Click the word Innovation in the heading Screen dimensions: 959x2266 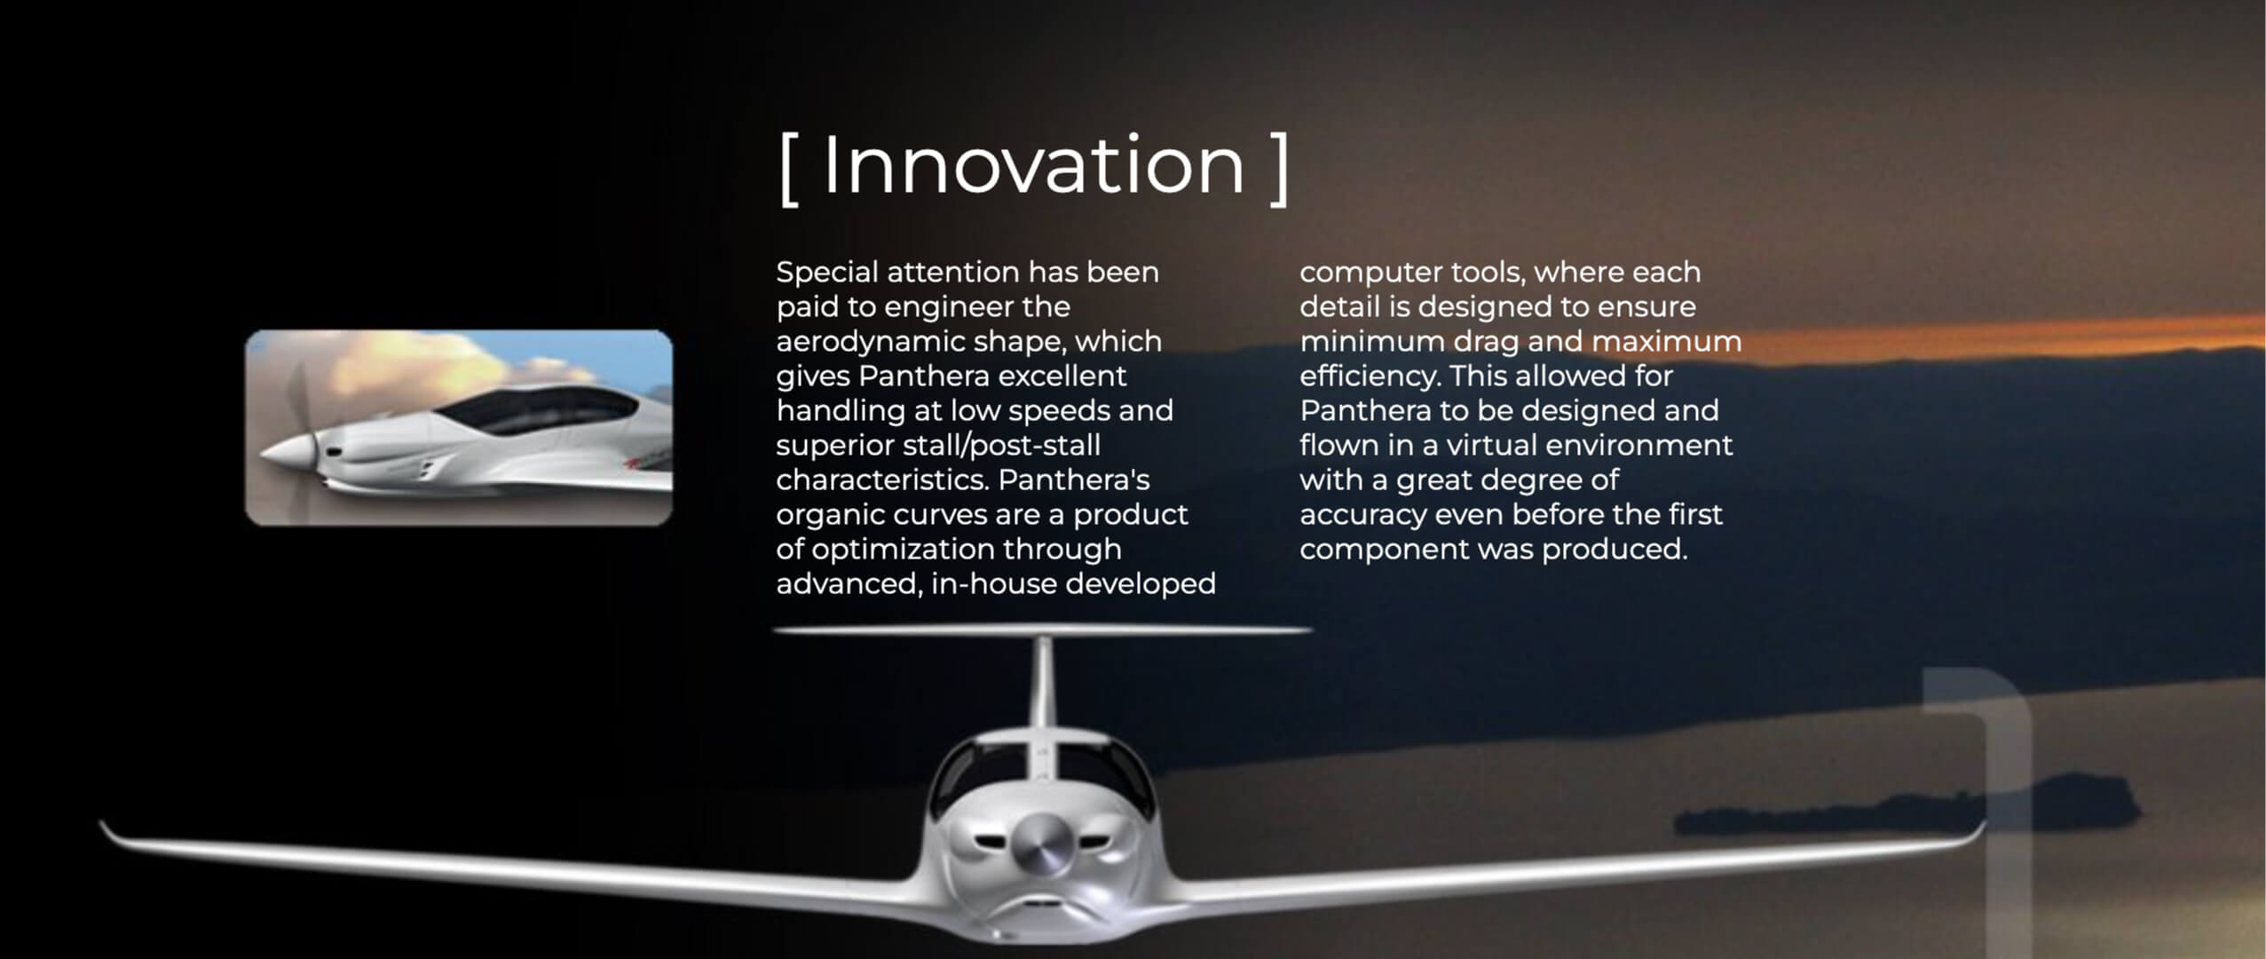[1034, 165]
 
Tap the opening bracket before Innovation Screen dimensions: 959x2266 [786, 168]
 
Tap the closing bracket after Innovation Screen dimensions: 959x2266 [1279, 168]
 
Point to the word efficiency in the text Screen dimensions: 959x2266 [1370, 376]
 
